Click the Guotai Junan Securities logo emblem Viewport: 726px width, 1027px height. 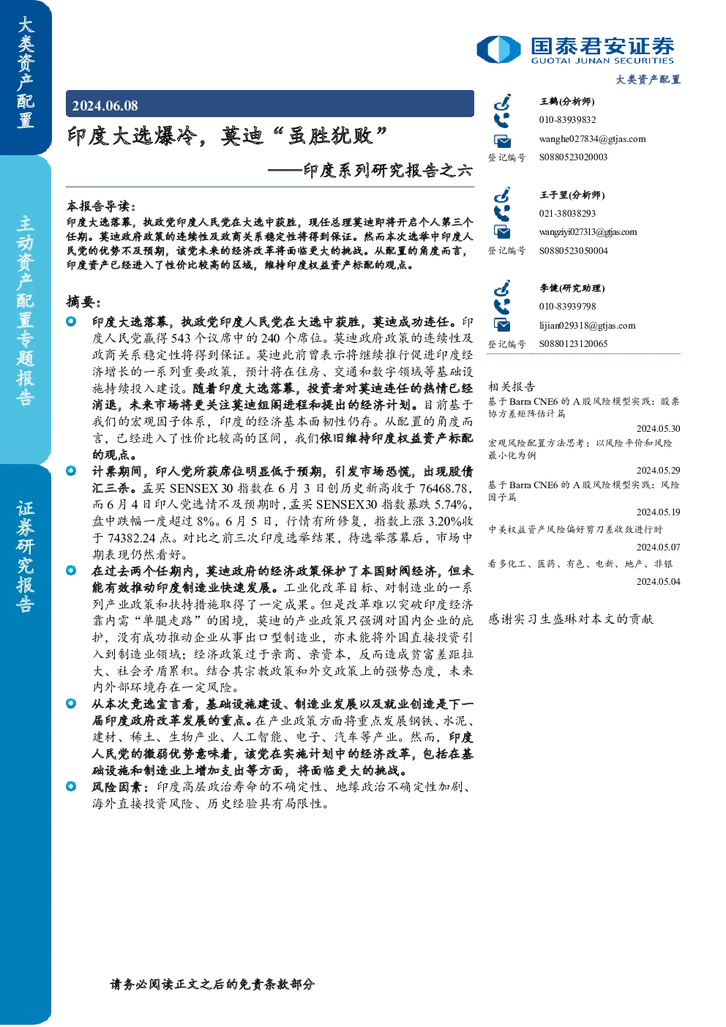[498, 49]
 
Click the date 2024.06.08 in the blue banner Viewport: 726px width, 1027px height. [105, 105]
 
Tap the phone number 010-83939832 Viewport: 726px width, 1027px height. [567, 119]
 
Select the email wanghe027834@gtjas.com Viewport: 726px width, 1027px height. [592, 138]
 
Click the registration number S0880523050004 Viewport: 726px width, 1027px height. [573, 251]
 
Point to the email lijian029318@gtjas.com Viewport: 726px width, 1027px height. [587, 326]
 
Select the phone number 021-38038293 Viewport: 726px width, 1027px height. [567, 213]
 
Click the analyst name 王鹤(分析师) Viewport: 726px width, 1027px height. [567, 101]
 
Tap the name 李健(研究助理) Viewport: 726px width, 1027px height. [572, 288]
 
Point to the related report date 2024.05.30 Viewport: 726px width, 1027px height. [658, 428]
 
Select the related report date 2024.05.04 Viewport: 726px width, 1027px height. [658, 581]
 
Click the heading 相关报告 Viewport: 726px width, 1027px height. [512, 386]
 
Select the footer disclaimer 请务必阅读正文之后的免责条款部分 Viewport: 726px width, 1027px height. [212, 984]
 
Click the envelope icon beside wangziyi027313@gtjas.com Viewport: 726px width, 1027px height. [502, 232]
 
